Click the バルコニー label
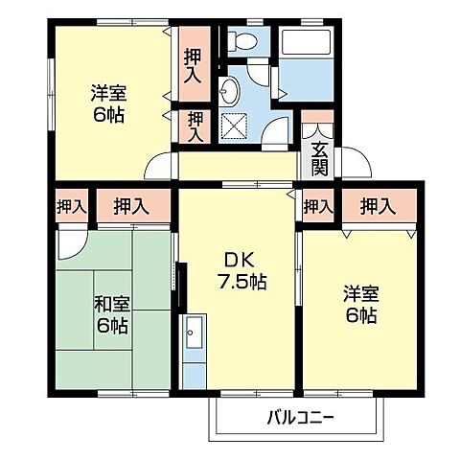(300, 418)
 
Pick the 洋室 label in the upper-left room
(108, 94)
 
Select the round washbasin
(230, 91)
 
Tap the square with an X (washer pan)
(233, 126)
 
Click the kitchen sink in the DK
(193, 334)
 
